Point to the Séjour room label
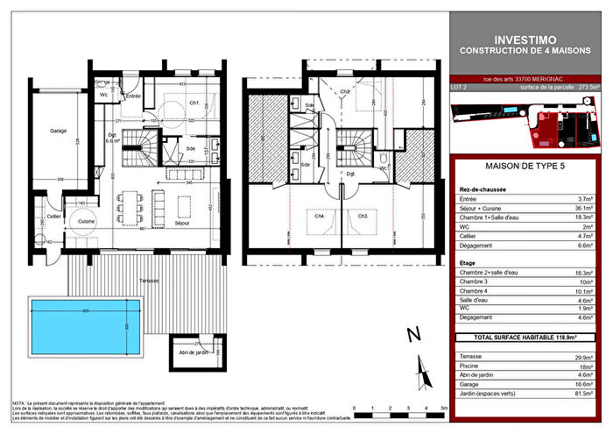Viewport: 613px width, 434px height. point(181,224)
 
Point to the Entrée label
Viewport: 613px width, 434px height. point(134,96)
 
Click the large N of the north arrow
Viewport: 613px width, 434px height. point(414,335)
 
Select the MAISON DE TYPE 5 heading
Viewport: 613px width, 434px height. point(528,166)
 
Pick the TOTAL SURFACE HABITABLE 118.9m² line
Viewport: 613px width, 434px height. point(528,336)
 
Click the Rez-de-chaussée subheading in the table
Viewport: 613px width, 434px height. point(483,189)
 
